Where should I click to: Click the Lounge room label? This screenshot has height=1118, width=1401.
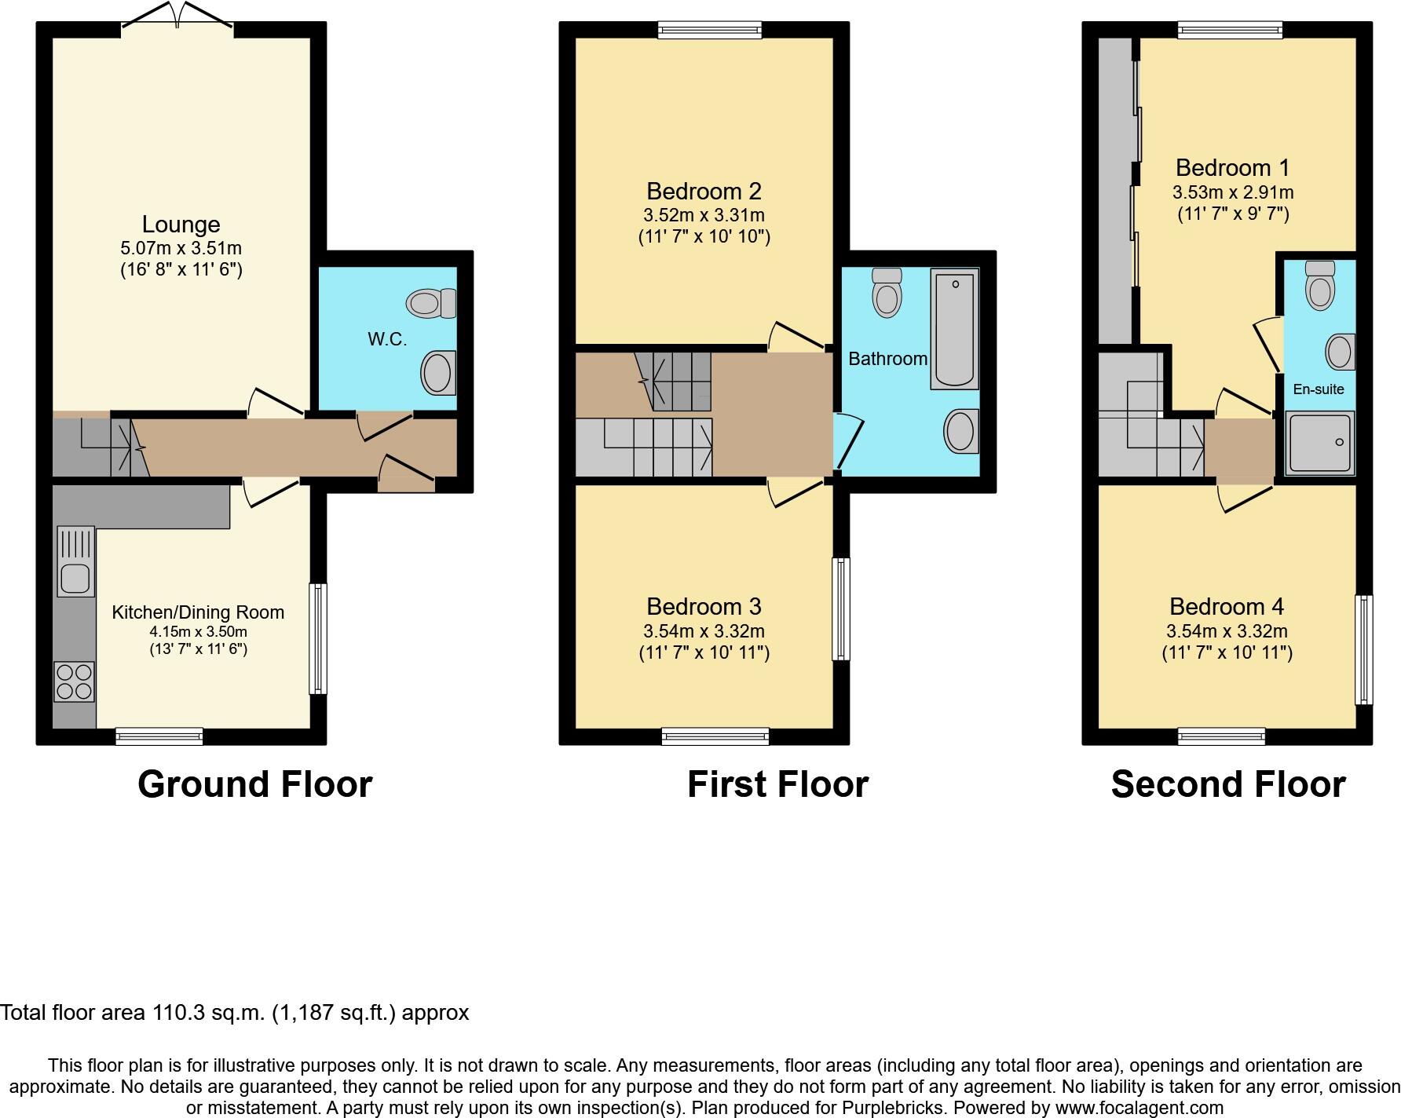(181, 225)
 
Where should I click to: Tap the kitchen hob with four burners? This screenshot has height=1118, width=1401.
(75, 681)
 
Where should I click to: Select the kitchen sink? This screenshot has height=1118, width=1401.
(75, 579)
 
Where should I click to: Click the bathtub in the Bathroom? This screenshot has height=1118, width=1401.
(954, 328)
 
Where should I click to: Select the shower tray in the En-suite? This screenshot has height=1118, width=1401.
(1319, 444)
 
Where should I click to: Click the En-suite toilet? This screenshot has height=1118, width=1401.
(1320, 285)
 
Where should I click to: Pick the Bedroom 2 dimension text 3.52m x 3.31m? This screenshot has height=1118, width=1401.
(704, 215)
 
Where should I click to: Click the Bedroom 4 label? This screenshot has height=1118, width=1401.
(1227, 606)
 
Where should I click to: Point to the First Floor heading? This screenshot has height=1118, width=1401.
(777, 784)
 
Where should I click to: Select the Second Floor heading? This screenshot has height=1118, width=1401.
(1228, 784)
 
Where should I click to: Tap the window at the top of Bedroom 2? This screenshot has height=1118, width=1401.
(710, 30)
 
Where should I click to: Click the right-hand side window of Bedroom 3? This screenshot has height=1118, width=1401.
(841, 608)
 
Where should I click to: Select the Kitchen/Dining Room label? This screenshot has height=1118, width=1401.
(198, 612)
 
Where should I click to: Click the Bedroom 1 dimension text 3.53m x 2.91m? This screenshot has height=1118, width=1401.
(1233, 192)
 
